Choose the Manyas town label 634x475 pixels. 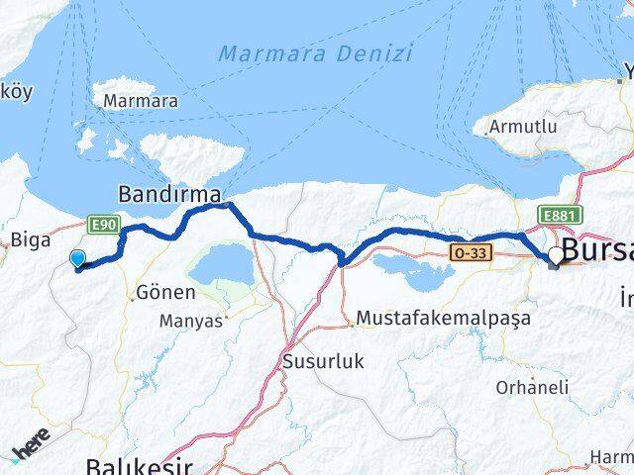191,321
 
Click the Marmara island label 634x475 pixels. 141,101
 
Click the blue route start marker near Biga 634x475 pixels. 78,258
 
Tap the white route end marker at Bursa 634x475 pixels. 556,255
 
